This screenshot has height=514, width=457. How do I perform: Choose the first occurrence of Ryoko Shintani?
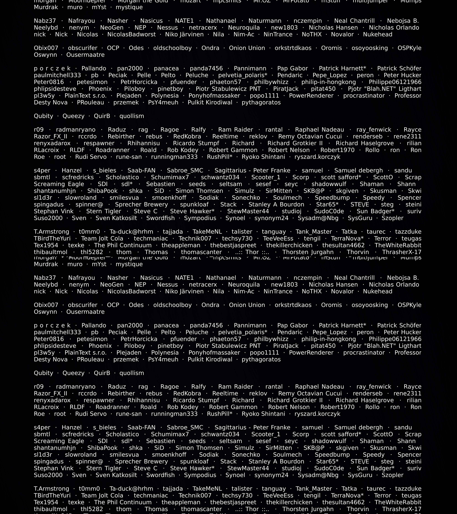click(263, 157)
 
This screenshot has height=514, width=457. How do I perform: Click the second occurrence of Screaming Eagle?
click(59, 441)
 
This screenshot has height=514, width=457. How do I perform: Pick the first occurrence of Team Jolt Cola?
click(102, 238)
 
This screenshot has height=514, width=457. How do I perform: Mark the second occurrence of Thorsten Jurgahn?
click(308, 509)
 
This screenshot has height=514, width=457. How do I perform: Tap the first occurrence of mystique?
click(129, 7)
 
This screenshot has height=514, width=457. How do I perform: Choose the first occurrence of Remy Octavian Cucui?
click(310, 136)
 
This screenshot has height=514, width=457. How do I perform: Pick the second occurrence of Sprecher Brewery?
click(141, 461)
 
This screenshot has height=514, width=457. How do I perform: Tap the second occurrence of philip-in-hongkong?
click(328, 339)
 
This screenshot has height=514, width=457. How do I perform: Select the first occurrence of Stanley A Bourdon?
click(276, 204)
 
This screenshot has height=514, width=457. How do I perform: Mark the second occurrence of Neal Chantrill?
click(354, 278)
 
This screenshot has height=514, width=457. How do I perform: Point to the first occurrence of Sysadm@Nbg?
click(318, 218)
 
